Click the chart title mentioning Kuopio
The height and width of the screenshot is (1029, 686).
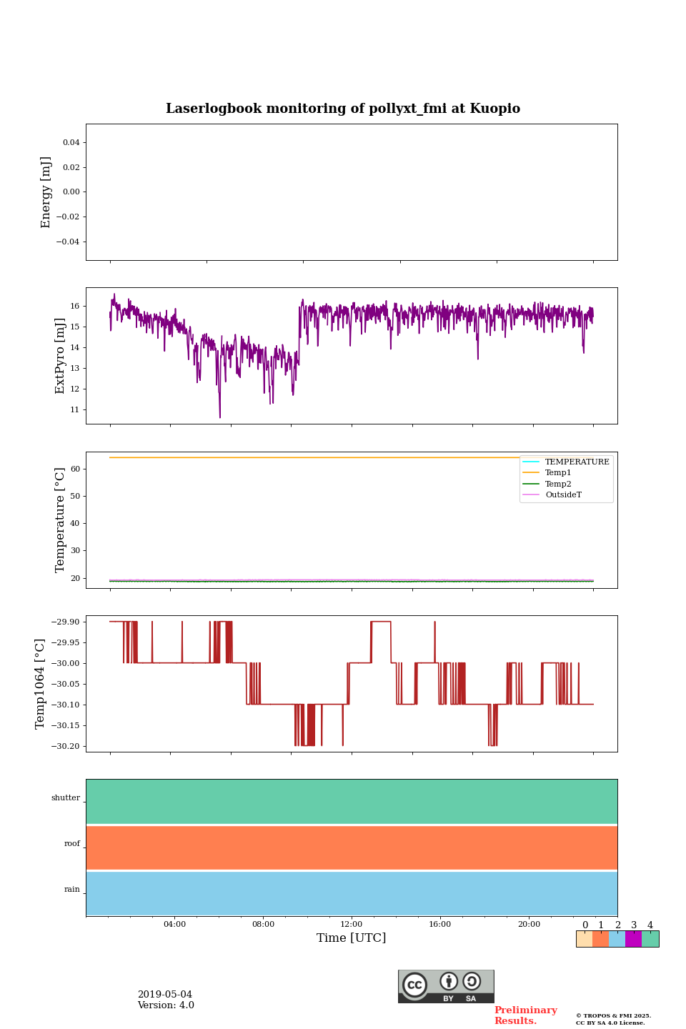click(x=343, y=109)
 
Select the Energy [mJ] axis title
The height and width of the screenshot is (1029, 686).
click(x=46, y=192)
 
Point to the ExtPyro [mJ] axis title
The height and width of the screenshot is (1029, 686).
click(x=60, y=356)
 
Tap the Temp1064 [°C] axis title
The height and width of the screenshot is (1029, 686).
click(x=40, y=684)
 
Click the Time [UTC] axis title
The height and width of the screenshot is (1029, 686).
click(x=352, y=938)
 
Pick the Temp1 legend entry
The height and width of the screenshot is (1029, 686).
click(x=558, y=473)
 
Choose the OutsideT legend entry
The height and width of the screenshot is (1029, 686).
click(x=563, y=495)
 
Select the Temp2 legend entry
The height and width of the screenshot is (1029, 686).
click(x=558, y=484)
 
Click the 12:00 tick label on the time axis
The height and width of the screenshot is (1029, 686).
click(x=352, y=925)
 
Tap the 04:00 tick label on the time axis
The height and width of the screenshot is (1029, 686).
click(x=174, y=925)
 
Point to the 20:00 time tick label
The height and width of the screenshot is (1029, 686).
click(x=529, y=925)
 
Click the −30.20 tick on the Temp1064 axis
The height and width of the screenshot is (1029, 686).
click(x=66, y=746)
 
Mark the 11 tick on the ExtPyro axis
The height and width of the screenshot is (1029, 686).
click(x=75, y=410)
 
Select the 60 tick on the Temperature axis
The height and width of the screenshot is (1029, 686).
click(x=75, y=469)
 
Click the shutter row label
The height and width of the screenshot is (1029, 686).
click(x=66, y=798)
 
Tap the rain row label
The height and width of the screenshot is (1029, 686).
click(x=72, y=890)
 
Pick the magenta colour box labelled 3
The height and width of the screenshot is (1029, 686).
click(x=633, y=939)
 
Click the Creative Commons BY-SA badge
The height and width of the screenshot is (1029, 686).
click(x=446, y=986)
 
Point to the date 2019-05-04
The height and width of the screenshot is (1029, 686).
click(x=165, y=995)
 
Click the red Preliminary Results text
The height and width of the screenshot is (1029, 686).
click(x=525, y=1015)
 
